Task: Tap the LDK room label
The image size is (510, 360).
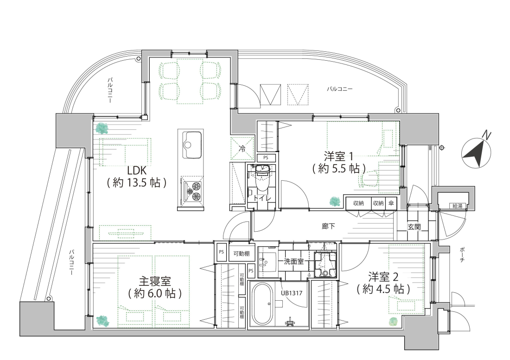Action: click(x=137, y=177)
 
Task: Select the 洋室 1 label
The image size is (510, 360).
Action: click(x=338, y=163)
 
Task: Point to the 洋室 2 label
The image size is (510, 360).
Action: click(x=383, y=283)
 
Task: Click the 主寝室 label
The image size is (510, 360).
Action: click(x=155, y=287)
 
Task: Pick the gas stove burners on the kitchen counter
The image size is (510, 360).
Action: click(x=192, y=191)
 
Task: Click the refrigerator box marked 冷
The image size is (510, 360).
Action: click(x=242, y=148)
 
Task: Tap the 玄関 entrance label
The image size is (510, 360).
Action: click(x=414, y=227)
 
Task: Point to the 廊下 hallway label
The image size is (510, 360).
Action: click(x=328, y=226)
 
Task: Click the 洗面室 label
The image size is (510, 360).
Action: click(x=293, y=261)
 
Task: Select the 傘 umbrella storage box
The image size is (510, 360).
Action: click(x=391, y=203)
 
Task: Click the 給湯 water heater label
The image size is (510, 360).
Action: click(x=457, y=206)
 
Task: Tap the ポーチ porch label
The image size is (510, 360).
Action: click(x=462, y=255)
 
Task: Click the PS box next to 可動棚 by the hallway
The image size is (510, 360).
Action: click(x=222, y=252)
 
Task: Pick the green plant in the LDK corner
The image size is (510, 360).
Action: click(x=103, y=128)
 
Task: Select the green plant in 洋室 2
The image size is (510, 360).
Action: click(x=393, y=322)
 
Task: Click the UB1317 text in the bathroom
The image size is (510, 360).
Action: click(x=292, y=293)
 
